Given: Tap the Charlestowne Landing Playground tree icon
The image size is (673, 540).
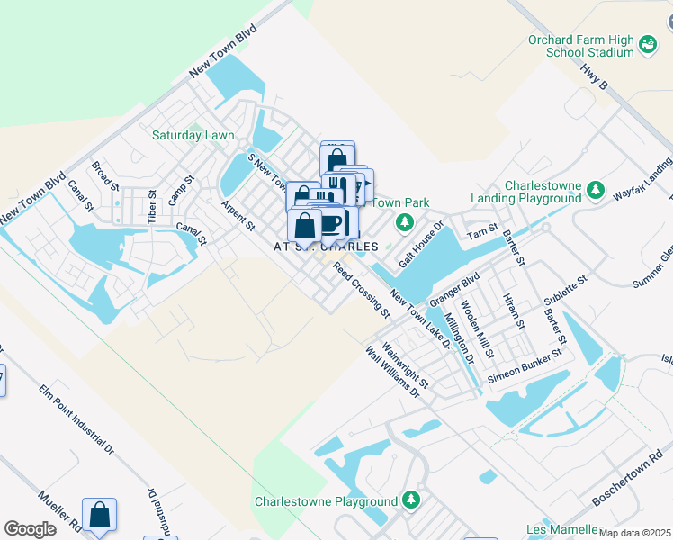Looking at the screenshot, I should (594, 191).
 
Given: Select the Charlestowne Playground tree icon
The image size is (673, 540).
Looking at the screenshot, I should (411, 499).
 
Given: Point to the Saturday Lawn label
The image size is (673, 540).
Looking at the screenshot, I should (193, 136).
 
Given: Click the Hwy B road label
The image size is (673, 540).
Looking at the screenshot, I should (595, 75).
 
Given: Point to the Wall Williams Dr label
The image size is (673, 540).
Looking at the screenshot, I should (394, 373).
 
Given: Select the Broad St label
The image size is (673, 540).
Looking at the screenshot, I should (105, 175).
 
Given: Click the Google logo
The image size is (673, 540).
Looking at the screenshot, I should (30, 529).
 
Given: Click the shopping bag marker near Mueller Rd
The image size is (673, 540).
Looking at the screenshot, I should (100, 516).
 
